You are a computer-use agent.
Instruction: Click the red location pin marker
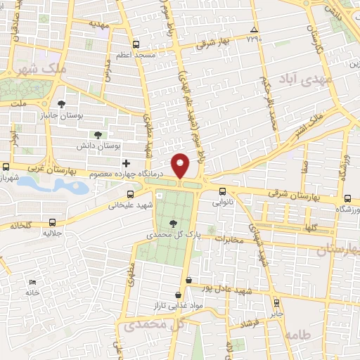tap(181, 165)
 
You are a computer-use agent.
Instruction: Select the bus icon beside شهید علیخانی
tap(129, 194)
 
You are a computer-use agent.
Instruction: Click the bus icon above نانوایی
tap(222, 191)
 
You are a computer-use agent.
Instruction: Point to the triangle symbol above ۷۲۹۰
tap(255, 29)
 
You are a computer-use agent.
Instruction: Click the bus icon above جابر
tap(277, 303)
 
